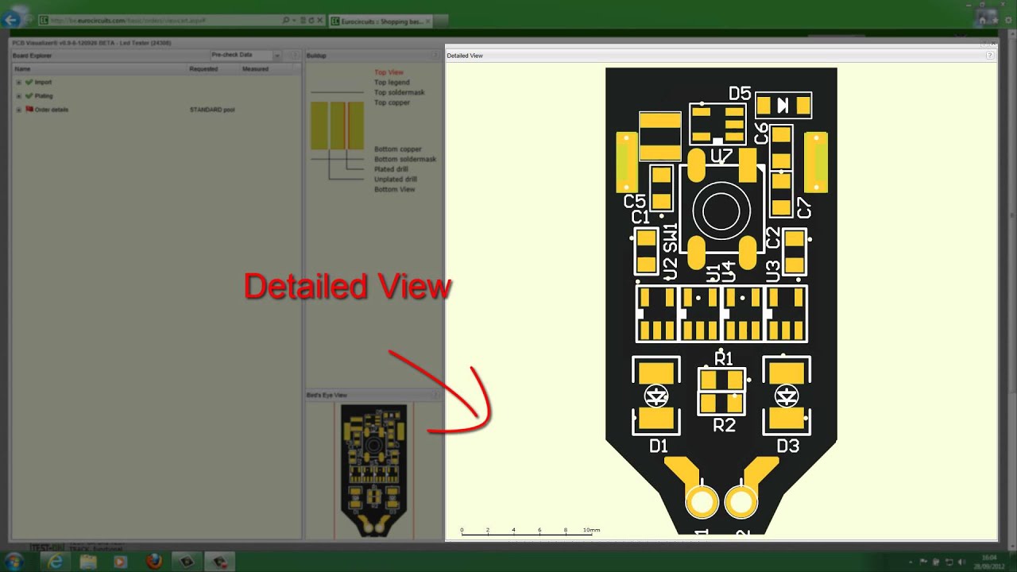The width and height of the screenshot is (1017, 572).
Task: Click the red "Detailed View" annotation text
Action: pos(347,287)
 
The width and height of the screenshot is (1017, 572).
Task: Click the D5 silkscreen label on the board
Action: pos(739,94)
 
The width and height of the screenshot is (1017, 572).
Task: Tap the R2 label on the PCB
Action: pos(724,426)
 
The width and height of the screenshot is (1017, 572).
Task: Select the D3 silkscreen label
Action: pos(787,446)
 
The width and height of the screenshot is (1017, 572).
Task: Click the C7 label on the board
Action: pos(804,209)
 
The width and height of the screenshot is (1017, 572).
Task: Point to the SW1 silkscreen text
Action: pos(670,238)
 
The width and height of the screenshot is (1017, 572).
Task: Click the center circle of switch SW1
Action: pos(721,212)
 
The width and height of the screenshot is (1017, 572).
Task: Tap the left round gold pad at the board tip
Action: pos(702,502)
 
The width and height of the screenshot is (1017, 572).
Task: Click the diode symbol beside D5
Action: pos(783,105)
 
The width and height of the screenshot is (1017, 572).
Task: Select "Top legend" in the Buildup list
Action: pos(392,83)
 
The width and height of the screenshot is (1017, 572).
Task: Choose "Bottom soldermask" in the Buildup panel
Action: pos(405,159)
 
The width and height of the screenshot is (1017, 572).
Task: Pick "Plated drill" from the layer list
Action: pos(391,169)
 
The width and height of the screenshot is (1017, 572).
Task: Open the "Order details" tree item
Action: pos(52,110)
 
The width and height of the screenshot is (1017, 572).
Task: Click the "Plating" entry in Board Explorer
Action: pos(44,96)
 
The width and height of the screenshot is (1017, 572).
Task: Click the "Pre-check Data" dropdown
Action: pos(245,56)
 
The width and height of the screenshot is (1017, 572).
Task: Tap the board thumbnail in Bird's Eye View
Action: pos(373,469)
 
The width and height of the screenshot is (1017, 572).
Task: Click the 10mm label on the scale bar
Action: pos(592,530)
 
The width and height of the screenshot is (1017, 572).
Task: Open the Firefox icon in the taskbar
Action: pos(154,562)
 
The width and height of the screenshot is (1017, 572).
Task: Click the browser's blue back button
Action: pos(12,20)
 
